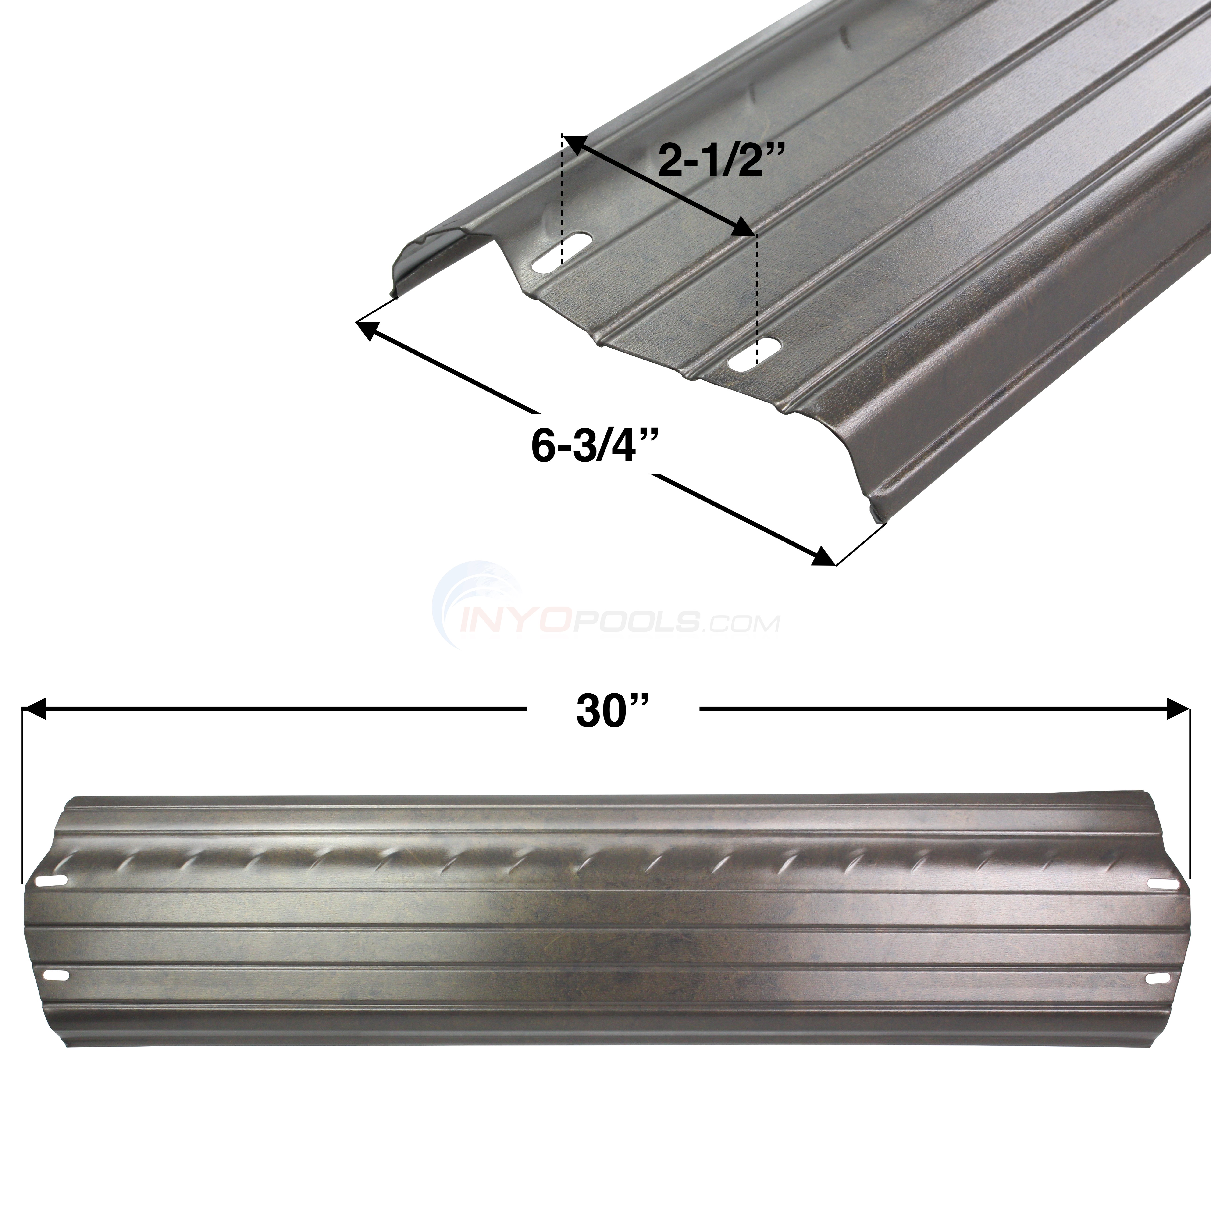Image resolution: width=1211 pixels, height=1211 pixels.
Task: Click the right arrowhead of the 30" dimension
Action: (x=1178, y=709)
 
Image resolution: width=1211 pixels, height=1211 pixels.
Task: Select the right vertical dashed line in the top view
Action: (x=757, y=295)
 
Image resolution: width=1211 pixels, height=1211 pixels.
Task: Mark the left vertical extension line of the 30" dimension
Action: (x=23, y=796)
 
